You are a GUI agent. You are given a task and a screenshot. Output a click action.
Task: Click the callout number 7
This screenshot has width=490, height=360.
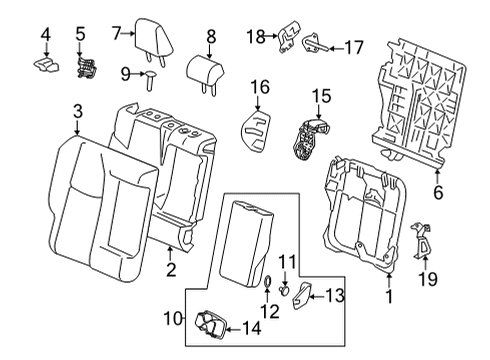point(116,33)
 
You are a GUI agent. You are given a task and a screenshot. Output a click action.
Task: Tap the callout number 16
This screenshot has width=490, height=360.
point(259,88)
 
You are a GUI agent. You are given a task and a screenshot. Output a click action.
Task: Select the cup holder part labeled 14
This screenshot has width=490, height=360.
point(211,324)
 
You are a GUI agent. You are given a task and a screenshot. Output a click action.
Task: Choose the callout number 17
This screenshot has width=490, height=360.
point(354,46)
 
